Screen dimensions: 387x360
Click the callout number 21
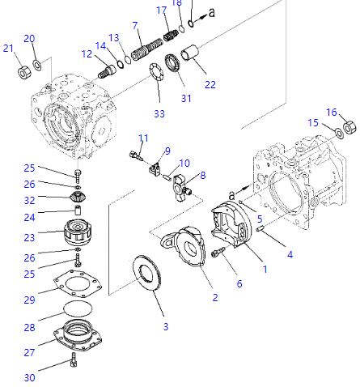pos(9,49)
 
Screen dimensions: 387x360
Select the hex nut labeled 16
pos(349,127)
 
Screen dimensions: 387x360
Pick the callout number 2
pos(214,297)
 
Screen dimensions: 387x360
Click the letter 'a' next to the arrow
pos(212,13)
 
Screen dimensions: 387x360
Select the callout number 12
pos(87,54)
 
